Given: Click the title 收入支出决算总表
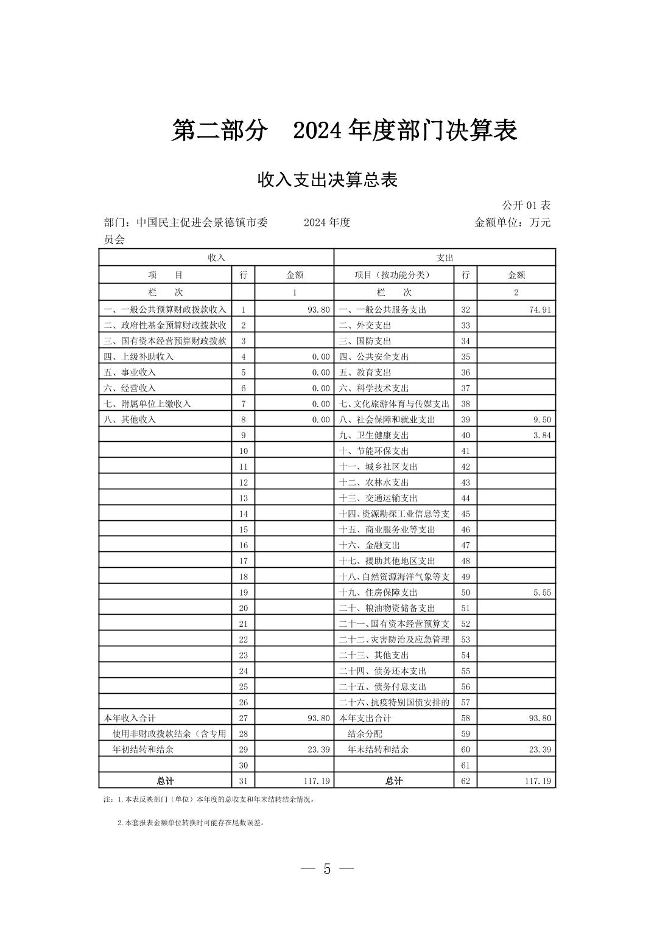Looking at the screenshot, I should coord(327,180).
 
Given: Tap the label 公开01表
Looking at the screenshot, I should coord(526,206).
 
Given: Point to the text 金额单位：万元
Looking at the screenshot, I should coord(512,223).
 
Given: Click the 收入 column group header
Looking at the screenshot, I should coord(216,257).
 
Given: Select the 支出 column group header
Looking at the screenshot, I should coord(445,257).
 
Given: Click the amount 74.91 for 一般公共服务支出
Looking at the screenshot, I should coord(540,310).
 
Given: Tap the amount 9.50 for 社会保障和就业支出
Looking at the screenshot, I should coord(541,420).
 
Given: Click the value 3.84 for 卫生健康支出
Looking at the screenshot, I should coord(541,436).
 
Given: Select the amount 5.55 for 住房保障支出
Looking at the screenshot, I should coord(541,593).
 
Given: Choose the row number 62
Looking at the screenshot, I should coord(465,781).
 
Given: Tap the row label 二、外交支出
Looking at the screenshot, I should coord(365,326).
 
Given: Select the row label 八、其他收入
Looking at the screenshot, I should coord(130,420).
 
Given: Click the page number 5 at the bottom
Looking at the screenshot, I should coord(327,869).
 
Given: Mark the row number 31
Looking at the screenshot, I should coord(243,781).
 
